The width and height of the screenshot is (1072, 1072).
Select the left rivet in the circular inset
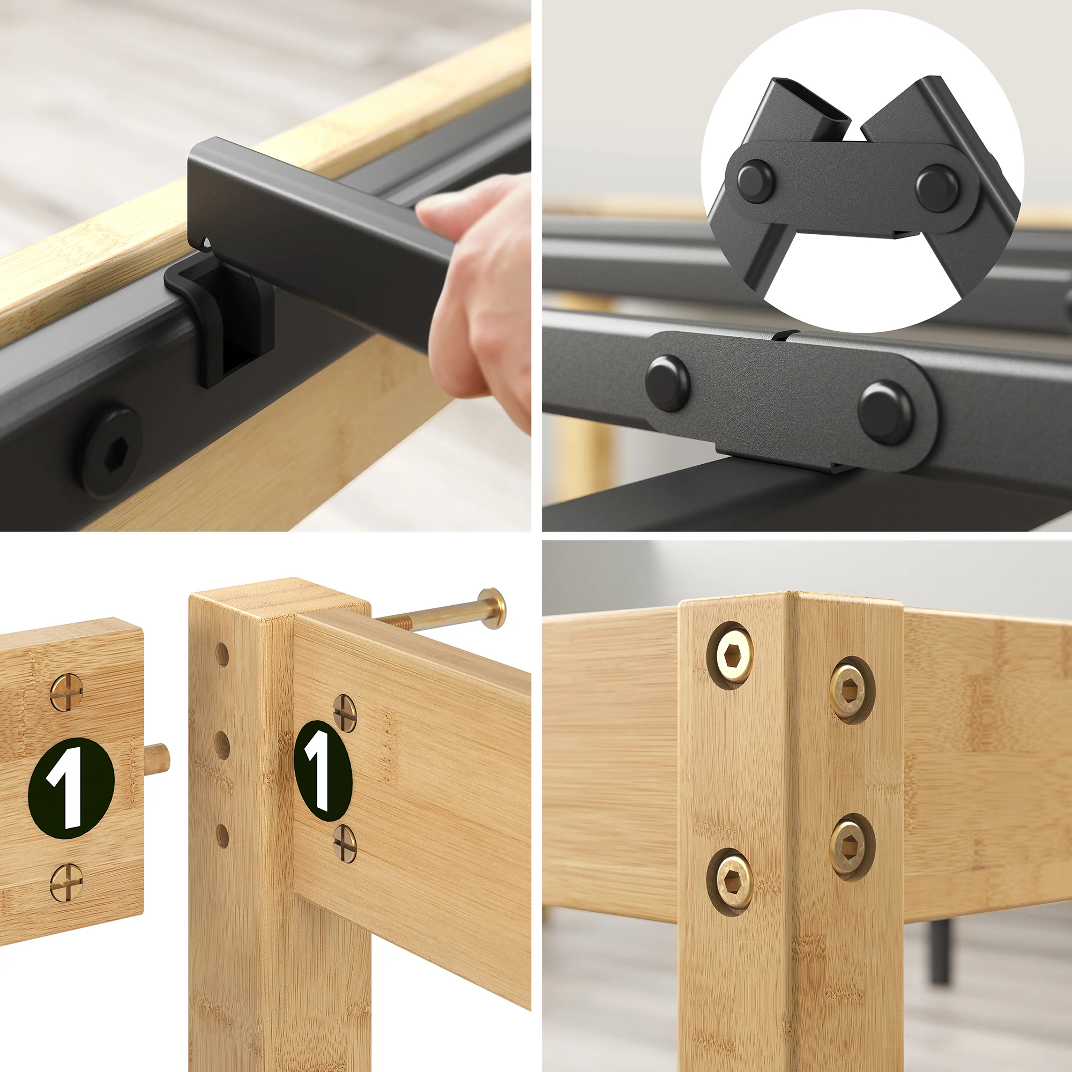click(x=755, y=180)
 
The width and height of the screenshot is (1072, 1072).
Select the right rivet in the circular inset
click(x=936, y=185)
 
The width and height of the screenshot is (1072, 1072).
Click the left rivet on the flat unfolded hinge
click(x=667, y=383)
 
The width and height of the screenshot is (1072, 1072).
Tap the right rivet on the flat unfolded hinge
click(x=884, y=411)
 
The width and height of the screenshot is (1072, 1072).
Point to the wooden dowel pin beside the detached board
click(x=158, y=757)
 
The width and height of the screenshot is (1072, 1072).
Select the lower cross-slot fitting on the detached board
click(x=66, y=882)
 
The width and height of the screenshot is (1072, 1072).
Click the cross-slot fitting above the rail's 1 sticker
click(x=345, y=712)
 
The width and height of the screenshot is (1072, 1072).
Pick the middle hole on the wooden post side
click(x=222, y=745)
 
